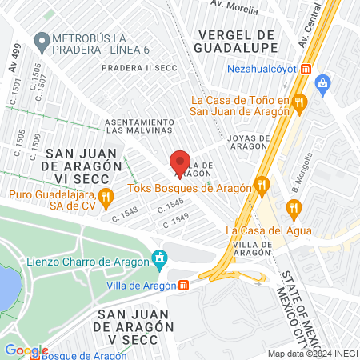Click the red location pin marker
pos(180,163)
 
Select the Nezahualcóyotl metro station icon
pos(307,69)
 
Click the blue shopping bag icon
pos(323,82)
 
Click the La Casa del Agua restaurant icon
pos(294,210)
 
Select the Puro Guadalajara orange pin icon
pos(104,195)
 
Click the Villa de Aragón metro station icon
pos(183,284)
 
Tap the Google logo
pos(26,350)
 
